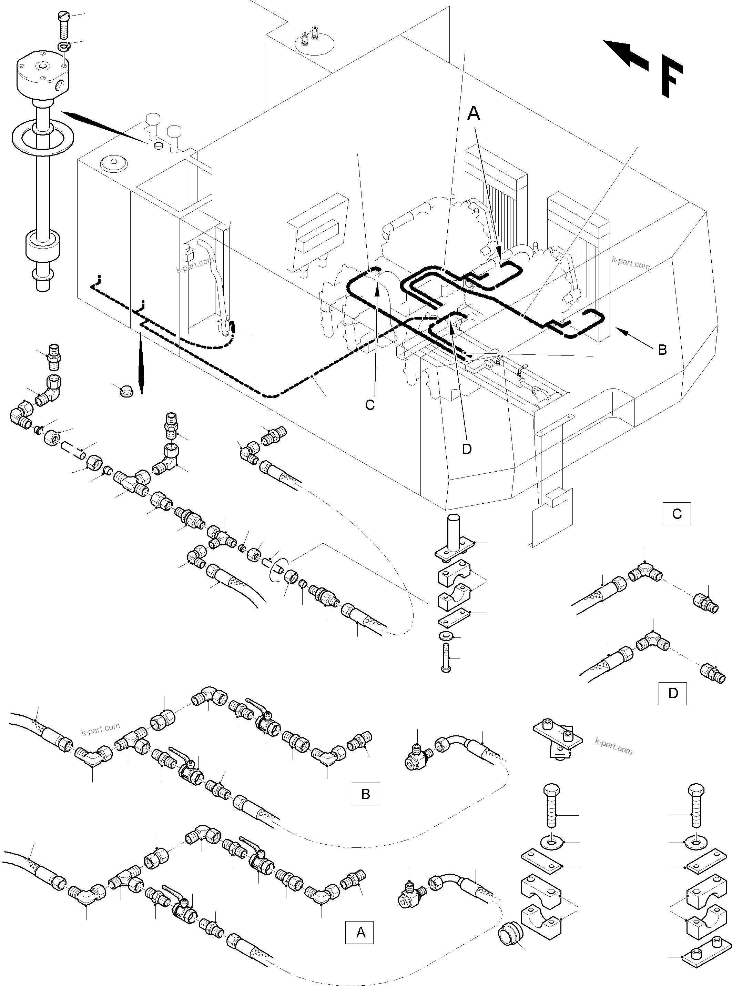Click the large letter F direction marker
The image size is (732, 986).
671,76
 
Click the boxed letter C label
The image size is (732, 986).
676,514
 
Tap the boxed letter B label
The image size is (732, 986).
366,794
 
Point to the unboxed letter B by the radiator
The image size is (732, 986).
662,350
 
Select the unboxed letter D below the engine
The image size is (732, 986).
467,449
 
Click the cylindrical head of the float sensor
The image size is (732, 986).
42,76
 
